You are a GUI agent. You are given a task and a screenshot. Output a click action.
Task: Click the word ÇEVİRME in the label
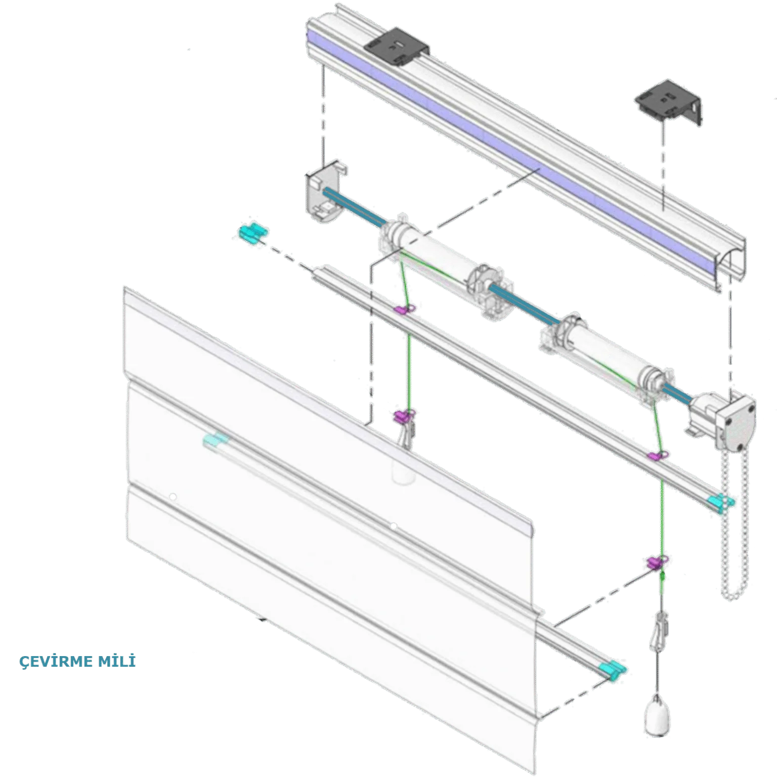[x=56, y=661]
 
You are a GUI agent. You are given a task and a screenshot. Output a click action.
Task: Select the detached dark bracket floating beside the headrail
[x=669, y=103]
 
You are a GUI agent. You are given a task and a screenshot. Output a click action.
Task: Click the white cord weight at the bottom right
[x=658, y=715]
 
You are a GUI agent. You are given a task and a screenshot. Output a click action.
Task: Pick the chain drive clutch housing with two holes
[x=736, y=423]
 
